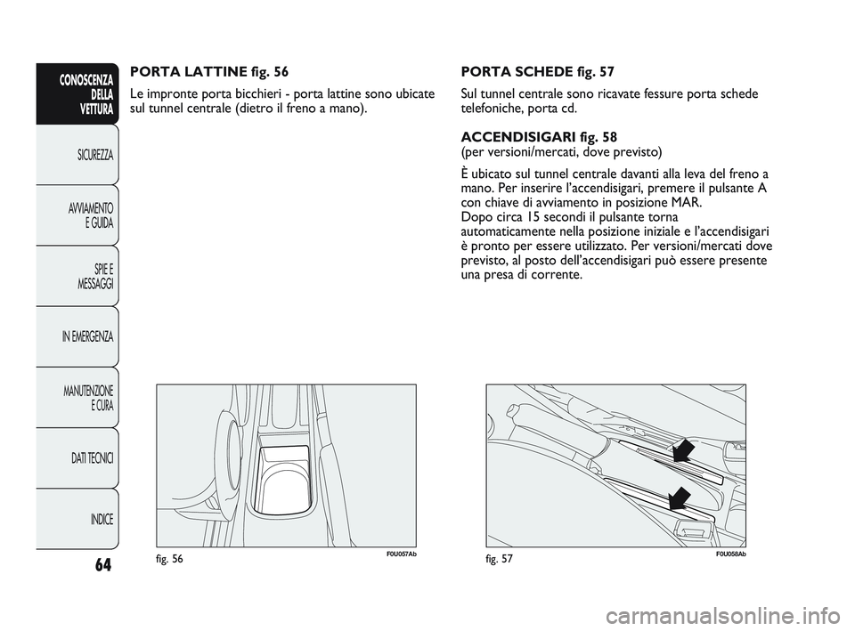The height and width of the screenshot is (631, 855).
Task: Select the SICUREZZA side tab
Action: pyautogui.click(x=87, y=155)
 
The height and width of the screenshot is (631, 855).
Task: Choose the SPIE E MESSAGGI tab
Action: pyautogui.click(x=87, y=276)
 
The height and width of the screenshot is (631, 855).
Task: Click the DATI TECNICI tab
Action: pyautogui.click(x=86, y=457)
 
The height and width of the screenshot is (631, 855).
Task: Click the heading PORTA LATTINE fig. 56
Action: pyautogui.click(x=210, y=69)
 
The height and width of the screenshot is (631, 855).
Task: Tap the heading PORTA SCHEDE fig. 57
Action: pyautogui.click(x=537, y=69)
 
